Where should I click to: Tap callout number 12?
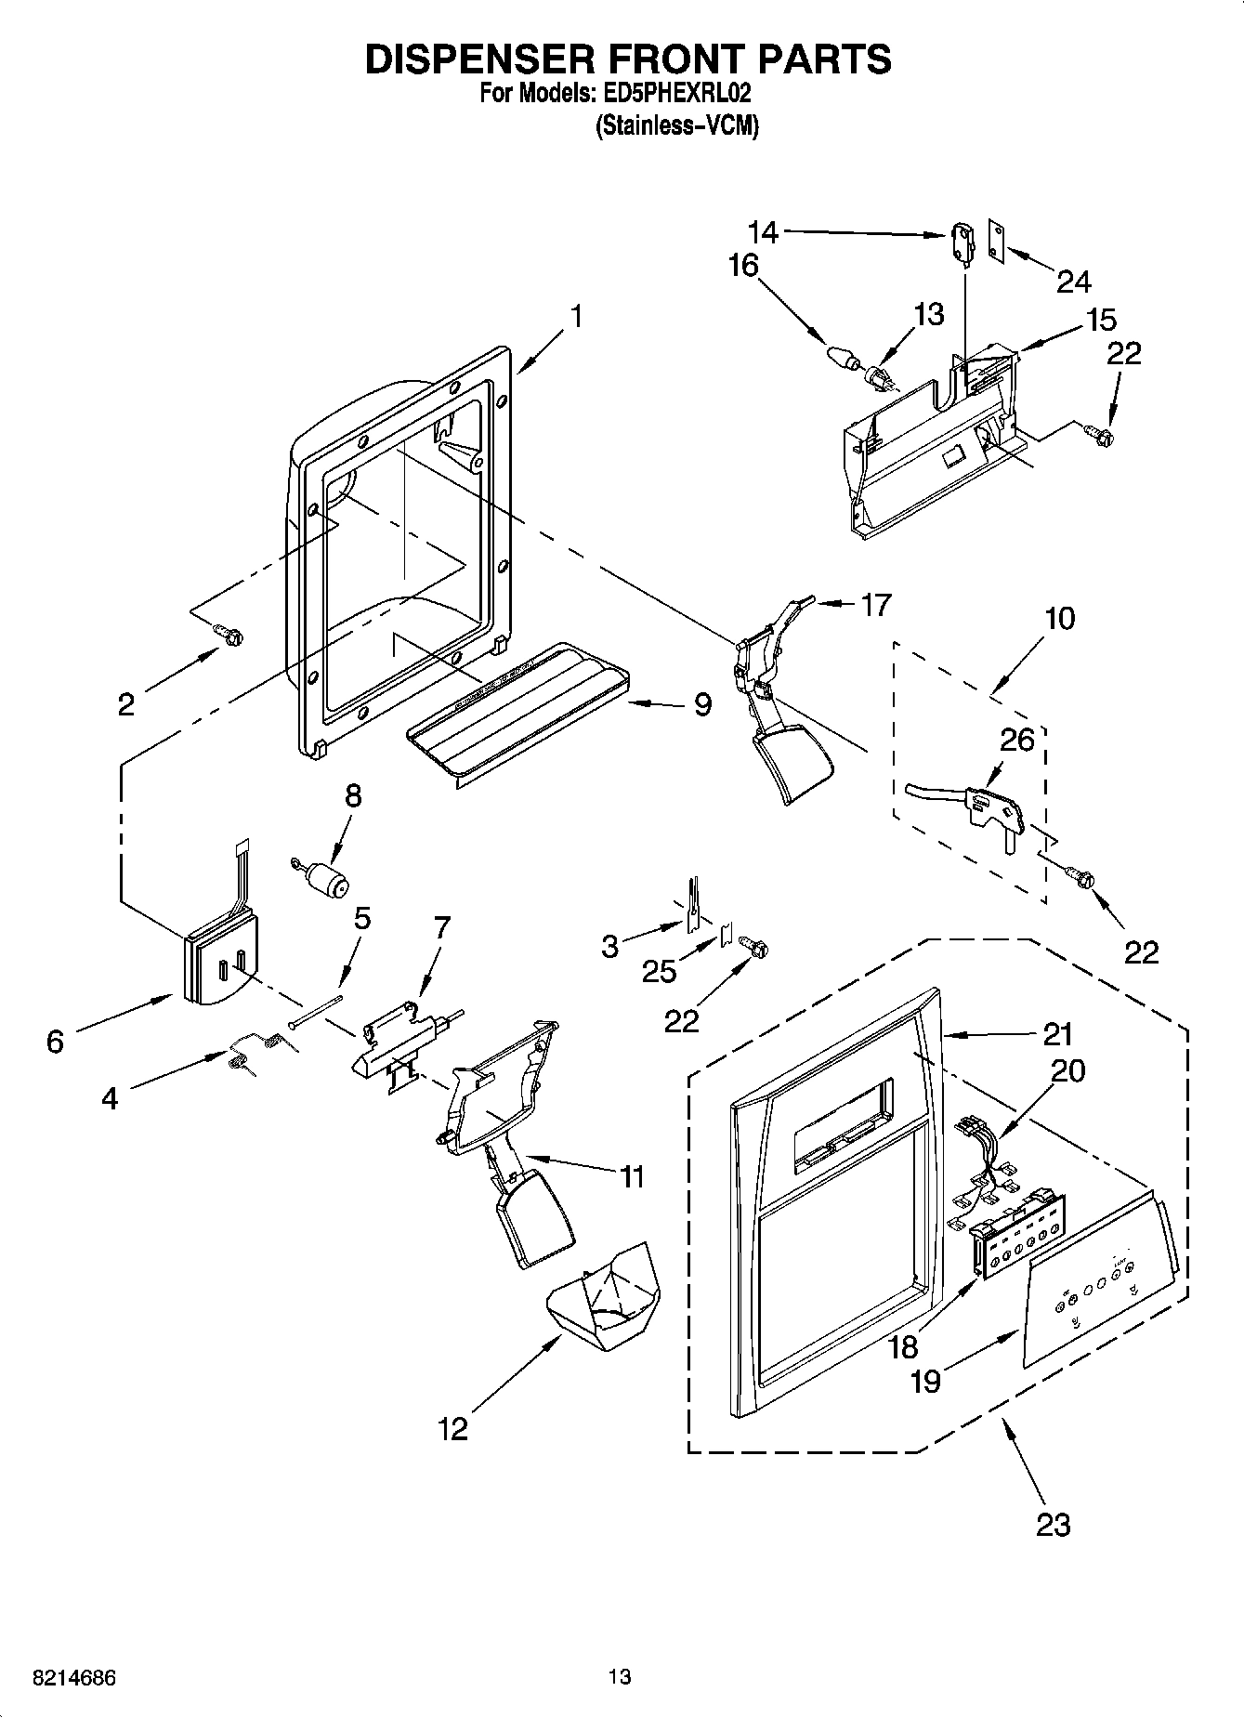453,1428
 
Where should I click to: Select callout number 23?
1054,1524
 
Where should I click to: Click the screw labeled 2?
228,635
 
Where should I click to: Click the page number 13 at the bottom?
620,1677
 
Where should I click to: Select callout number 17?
875,605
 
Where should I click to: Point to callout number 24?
1073,281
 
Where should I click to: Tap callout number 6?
55,1042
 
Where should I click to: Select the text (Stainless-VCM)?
676,125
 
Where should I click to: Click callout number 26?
1017,740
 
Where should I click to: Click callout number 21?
1057,1034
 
